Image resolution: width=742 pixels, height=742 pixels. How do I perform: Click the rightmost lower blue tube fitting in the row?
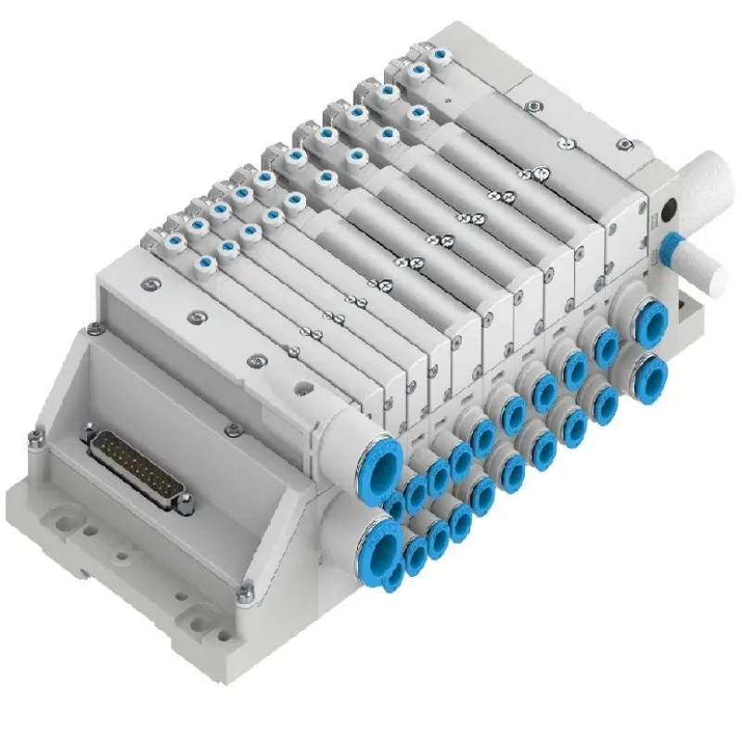point(652,371)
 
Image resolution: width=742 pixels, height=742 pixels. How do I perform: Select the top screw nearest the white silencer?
point(626,145)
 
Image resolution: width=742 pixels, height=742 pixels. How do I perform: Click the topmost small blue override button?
point(419,70)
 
